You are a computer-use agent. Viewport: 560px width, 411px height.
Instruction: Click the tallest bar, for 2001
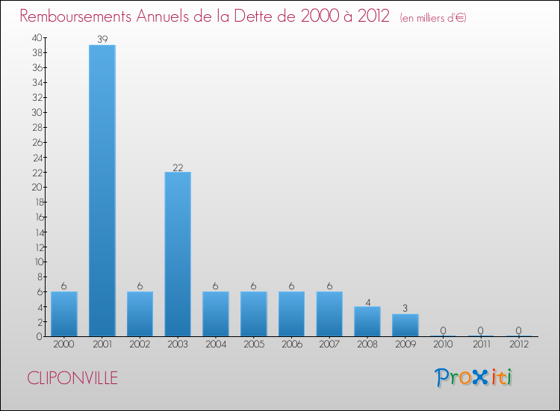pos(102,191)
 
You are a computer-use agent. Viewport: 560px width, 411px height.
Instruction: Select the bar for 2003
pos(178,254)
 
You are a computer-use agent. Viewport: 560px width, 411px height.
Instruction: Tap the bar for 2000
pos(64,314)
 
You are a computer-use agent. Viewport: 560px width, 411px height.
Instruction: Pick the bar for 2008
pos(367,321)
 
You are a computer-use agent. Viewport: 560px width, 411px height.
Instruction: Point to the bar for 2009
pos(405,325)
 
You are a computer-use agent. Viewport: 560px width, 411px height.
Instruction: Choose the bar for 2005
pos(254,314)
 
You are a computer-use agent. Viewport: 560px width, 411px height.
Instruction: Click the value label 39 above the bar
pos(102,39)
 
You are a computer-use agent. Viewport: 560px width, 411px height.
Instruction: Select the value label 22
pos(178,167)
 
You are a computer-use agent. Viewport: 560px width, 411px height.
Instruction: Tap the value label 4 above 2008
pos(367,301)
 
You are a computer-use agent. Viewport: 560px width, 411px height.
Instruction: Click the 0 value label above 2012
pos(519,331)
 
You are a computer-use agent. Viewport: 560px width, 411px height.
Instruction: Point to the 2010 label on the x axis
pos(444,344)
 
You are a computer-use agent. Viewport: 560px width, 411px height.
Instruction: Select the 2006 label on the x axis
pos(291,344)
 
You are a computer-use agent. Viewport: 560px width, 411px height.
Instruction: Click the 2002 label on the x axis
pos(140,344)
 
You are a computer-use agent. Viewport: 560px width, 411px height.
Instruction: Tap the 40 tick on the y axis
pos(37,37)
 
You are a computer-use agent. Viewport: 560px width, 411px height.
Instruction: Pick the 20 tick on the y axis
pos(37,187)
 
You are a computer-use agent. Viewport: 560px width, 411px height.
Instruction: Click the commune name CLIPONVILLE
pos(72,378)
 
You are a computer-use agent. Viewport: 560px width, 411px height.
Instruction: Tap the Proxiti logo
pos(474,377)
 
